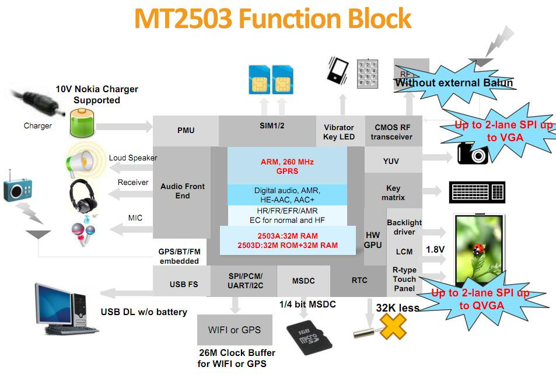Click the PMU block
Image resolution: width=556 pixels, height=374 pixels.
pos(186,131)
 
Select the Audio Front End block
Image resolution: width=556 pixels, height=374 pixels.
pos(182,191)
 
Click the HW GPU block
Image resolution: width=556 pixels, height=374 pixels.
pos(373,240)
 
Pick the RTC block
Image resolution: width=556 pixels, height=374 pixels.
pos(359,281)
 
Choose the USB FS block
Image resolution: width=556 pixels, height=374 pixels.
pos(183,284)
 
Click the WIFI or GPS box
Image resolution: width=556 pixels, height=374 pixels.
pos(235,330)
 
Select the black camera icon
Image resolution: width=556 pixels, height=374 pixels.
pos(472,153)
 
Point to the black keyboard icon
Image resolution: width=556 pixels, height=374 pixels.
pos(477,191)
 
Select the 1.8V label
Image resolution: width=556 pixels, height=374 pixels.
pos(435,249)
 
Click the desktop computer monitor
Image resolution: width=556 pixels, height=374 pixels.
pos(54,303)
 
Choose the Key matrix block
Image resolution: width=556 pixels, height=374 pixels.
pos(393,193)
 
